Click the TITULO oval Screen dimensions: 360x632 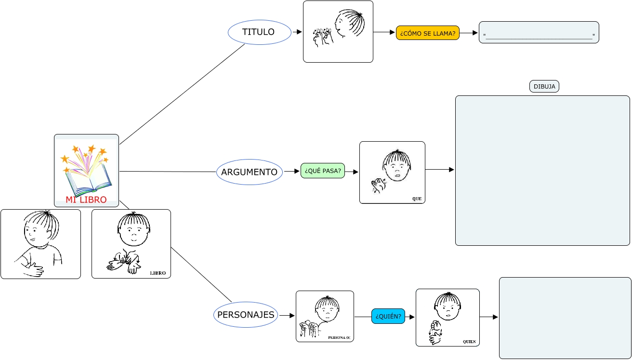coord(260,32)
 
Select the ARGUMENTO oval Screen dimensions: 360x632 coord(250,172)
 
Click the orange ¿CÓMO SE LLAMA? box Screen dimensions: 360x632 coord(428,33)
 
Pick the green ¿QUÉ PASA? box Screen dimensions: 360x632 coord(323,171)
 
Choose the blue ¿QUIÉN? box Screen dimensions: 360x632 coord(388,316)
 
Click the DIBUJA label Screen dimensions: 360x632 coord(544,86)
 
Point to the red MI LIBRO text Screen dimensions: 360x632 coord(86,200)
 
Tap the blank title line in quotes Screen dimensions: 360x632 coord(539,36)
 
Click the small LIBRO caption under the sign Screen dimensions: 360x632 coord(158,273)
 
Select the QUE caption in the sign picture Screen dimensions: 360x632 coord(417,199)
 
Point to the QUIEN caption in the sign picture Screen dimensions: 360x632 coord(469,342)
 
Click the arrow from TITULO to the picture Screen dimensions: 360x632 coord(297,32)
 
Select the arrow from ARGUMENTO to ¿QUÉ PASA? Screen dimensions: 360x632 coord(292,171)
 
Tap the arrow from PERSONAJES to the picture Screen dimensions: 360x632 coord(287,316)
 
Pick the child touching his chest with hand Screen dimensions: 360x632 coord(40,244)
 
